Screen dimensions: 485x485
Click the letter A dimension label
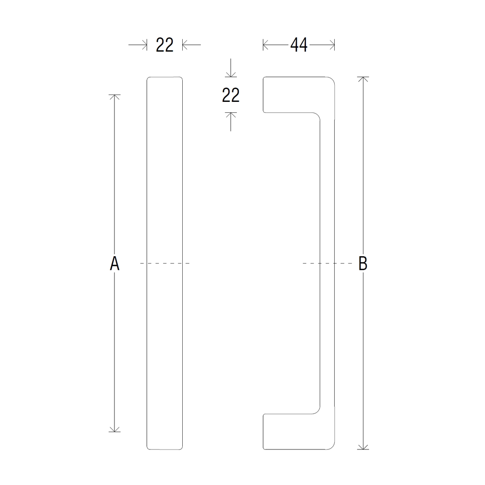[x=114, y=263]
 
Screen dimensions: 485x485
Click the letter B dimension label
[x=363, y=263]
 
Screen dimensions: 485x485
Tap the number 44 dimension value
[x=299, y=45]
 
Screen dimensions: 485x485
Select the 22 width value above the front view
[x=164, y=45]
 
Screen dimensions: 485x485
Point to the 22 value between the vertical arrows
[x=230, y=95]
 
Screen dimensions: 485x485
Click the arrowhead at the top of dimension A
[x=114, y=97]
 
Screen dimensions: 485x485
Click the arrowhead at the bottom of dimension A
[x=114, y=429]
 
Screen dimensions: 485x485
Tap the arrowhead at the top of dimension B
[x=363, y=79]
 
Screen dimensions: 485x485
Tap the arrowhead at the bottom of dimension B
[x=363, y=447]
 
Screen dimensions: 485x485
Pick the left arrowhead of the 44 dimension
[x=266, y=45]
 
